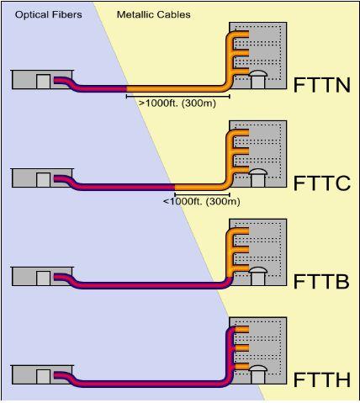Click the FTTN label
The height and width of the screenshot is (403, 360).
tap(322, 85)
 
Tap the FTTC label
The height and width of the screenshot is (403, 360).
tap(322, 183)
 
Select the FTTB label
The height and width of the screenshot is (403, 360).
tap(321, 282)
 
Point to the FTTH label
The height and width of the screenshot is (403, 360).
tap(322, 379)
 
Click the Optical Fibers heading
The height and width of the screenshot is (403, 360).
tap(49, 14)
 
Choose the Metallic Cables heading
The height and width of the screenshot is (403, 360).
tap(154, 14)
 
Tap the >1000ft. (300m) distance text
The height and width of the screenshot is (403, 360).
tap(177, 103)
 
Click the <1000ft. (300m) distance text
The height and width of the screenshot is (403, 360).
tap(202, 201)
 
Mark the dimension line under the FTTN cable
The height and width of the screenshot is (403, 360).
tap(178, 97)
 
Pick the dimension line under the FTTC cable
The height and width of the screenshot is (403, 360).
tap(202, 194)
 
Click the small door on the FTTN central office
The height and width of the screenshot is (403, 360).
tap(44, 82)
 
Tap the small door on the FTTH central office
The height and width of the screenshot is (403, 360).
tap(44, 377)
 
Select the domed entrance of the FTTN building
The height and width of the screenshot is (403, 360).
tap(258, 80)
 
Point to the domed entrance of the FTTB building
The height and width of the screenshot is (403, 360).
tap(258, 276)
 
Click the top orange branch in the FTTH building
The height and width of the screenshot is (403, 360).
tap(241, 330)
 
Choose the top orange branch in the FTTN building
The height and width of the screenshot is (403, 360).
tap(241, 34)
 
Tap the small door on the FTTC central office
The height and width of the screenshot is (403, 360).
tap(44, 180)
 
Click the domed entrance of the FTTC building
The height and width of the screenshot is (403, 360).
tap(258, 178)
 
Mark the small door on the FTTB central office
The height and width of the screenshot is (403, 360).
tap(44, 278)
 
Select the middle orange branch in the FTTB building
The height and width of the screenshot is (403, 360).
tap(241, 250)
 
